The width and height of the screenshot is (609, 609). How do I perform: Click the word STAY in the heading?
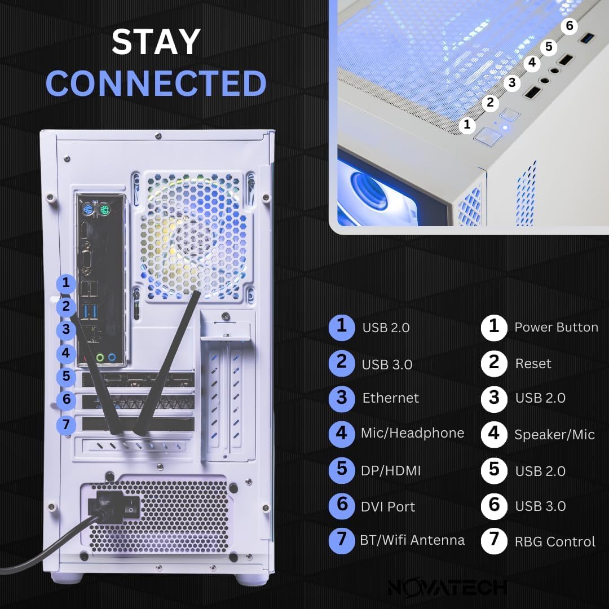[x=156, y=42]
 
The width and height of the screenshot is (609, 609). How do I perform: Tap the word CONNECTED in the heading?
[x=156, y=83]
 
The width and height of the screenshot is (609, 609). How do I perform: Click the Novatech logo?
[x=447, y=587]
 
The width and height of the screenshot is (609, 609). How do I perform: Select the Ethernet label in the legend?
[x=390, y=398]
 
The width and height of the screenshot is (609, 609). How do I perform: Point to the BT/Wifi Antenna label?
[x=412, y=540]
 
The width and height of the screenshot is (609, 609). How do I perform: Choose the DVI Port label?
[x=388, y=506]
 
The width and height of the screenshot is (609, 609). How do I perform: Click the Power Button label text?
[x=556, y=328]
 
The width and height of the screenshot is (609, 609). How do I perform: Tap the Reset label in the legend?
[x=533, y=364]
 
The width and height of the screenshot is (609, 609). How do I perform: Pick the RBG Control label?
[x=555, y=542]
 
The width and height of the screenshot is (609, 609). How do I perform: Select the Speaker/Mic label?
[x=554, y=435]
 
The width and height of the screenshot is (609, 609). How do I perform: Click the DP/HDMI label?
[x=391, y=471]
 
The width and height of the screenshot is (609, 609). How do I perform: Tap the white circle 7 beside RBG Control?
[x=494, y=540]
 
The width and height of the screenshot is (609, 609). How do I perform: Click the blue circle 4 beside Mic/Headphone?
[x=342, y=434]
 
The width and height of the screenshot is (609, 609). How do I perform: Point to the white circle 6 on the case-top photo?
[x=570, y=26]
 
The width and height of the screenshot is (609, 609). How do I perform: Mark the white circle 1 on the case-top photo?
[x=467, y=125]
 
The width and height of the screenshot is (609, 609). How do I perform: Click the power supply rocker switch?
[x=131, y=508]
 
